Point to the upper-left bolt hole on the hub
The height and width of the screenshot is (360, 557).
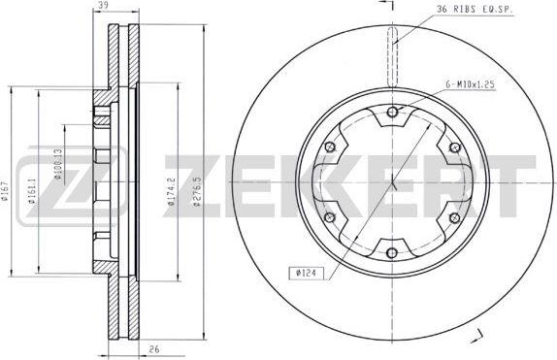330,147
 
